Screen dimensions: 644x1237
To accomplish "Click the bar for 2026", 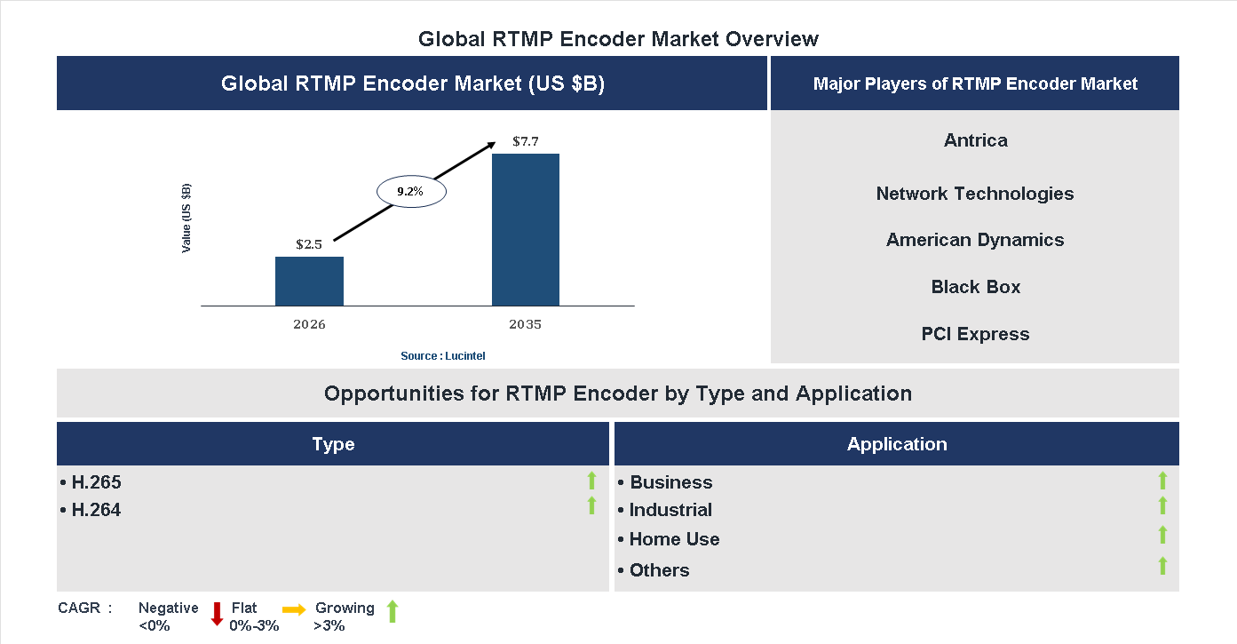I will tap(309, 281).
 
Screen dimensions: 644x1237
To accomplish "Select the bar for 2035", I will tap(526, 230).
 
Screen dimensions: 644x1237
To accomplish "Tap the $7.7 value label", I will tap(526, 141).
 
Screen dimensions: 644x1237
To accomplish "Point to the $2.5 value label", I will tap(309, 244).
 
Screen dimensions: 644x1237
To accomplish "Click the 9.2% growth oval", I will tap(411, 191).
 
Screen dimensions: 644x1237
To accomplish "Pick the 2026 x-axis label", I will tap(309, 324).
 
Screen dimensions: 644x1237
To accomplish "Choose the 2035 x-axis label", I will tap(526, 324).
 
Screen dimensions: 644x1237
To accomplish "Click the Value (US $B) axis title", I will tap(186, 219).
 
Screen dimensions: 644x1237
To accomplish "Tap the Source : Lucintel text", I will tap(442, 356).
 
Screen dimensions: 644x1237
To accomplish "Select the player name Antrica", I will tap(975, 140).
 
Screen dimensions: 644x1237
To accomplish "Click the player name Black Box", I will tap(975, 287).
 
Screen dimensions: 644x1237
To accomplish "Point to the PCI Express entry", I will tap(975, 334).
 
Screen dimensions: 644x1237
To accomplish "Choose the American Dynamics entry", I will tap(975, 240).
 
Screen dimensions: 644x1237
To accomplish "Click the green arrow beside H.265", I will tap(591, 481).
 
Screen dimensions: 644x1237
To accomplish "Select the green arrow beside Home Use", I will tap(1162, 535).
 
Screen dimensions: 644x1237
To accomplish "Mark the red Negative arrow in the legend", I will tap(217, 614).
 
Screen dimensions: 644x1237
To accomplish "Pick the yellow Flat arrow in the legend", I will tap(294, 609).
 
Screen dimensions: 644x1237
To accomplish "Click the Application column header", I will tap(896, 444).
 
